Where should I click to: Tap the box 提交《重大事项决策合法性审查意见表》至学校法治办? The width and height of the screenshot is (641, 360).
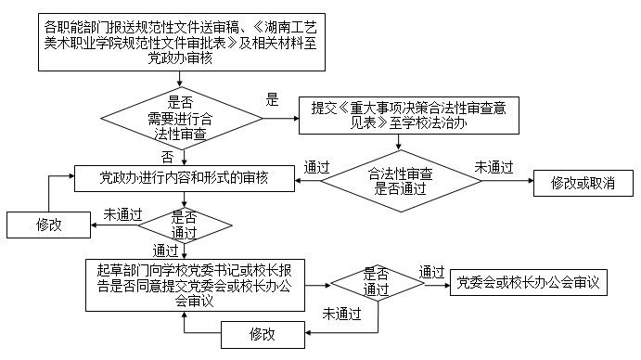pos(408,114)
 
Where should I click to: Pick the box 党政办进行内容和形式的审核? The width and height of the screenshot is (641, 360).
pos(185,177)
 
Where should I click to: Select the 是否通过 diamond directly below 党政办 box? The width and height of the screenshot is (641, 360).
pos(185,223)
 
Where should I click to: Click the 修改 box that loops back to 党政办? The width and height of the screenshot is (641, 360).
pos(49,225)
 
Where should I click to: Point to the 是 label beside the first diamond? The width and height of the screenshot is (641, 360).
pos(273,100)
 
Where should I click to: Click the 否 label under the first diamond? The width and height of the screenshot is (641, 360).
pos(167,155)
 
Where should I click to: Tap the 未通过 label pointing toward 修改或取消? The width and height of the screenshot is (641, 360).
pos(494,167)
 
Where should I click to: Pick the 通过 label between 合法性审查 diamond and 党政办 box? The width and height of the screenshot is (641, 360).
pos(317,168)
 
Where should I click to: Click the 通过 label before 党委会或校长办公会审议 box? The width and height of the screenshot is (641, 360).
pos(431,272)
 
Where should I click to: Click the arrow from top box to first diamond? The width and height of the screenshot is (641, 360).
pos(186,82)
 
